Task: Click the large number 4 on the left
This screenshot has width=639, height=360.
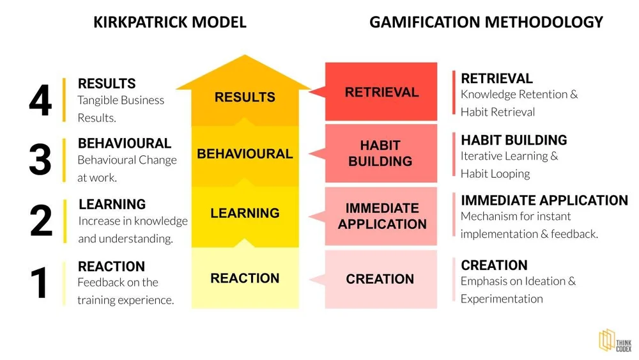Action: pyautogui.click(x=40, y=100)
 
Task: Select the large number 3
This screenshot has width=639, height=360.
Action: pyautogui.click(x=40, y=160)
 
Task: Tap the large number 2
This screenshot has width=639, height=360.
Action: pyautogui.click(x=41, y=221)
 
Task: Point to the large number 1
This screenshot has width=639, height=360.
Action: pyautogui.click(x=40, y=283)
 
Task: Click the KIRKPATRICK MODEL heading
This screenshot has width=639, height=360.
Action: pyautogui.click(x=169, y=22)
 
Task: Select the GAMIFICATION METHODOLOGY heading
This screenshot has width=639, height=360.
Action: pyautogui.click(x=486, y=22)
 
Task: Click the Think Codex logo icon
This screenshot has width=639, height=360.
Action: pyautogui.click(x=606, y=340)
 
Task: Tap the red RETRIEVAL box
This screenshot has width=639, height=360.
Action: pyautogui.click(x=381, y=92)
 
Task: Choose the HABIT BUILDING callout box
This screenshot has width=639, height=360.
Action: pyautogui.click(x=380, y=153)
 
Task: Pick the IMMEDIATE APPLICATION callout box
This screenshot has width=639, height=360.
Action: pyautogui.click(x=381, y=216)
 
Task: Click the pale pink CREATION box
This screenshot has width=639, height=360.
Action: pyautogui.click(x=380, y=279)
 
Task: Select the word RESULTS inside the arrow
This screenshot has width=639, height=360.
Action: pyautogui.click(x=245, y=97)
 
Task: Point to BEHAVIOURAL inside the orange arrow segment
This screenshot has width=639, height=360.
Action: pyautogui.click(x=245, y=154)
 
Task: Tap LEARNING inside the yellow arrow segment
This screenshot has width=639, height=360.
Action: pyautogui.click(x=245, y=213)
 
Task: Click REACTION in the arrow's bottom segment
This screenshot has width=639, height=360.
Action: pyautogui.click(x=245, y=278)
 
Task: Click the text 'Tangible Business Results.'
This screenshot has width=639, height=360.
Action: pyautogui.click(x=121, y=109)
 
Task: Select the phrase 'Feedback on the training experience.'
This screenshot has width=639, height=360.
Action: pyautogui.click(x=125, y=291)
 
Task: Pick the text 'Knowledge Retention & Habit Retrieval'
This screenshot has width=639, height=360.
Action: pyautogui.click(x=519, y=103)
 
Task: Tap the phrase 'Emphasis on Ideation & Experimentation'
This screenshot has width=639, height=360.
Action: pyautogui.click(x=518, y=290)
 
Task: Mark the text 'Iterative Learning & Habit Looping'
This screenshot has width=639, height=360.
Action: pyautogui.click(x=509, y=164)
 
